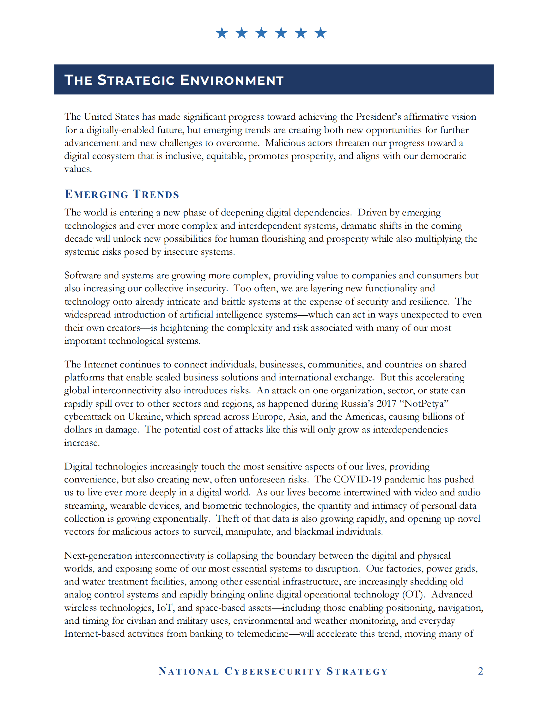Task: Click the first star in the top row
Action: point(222,33)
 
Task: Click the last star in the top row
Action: point(321,33)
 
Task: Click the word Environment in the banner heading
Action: point(232,80)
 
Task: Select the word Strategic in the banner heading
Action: point(136,80)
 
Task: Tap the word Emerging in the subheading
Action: point(97,194)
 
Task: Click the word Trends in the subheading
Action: point(156,194)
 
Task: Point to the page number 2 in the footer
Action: point(480,671)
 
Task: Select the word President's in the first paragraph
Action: point(378,117)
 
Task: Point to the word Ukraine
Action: point(145,416)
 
